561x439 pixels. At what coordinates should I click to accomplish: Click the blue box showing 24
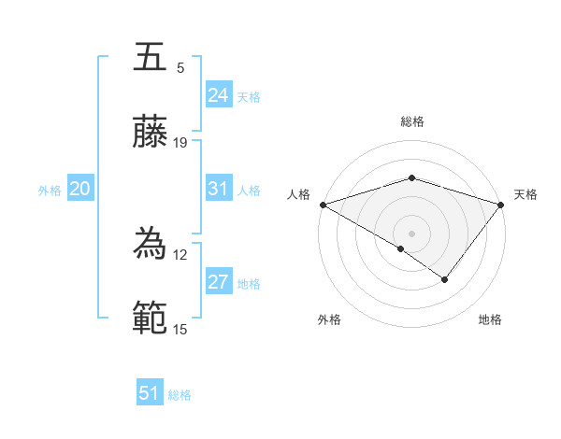pos(218,95)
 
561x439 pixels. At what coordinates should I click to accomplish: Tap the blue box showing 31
pos(218,189)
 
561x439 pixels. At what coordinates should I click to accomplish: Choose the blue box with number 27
pos(218,282)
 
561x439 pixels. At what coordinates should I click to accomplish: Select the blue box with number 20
pos(79,189)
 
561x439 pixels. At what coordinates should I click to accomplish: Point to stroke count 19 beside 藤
pos(180,143)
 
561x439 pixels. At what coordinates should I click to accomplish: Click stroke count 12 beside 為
pos(180,254)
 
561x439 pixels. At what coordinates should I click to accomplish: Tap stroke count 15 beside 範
pos(180,329)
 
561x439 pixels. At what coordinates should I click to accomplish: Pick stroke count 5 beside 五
pos(180,67)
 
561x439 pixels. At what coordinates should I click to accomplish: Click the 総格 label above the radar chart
pos(411,121)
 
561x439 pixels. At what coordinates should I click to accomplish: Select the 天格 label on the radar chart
pos(525,194)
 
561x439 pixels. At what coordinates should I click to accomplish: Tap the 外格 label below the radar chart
pos(329,319)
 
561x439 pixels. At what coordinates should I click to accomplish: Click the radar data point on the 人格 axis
pos(323,205)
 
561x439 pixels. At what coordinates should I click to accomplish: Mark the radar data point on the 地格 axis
pos(445,279)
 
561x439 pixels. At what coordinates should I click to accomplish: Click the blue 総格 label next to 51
pos(180,395)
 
